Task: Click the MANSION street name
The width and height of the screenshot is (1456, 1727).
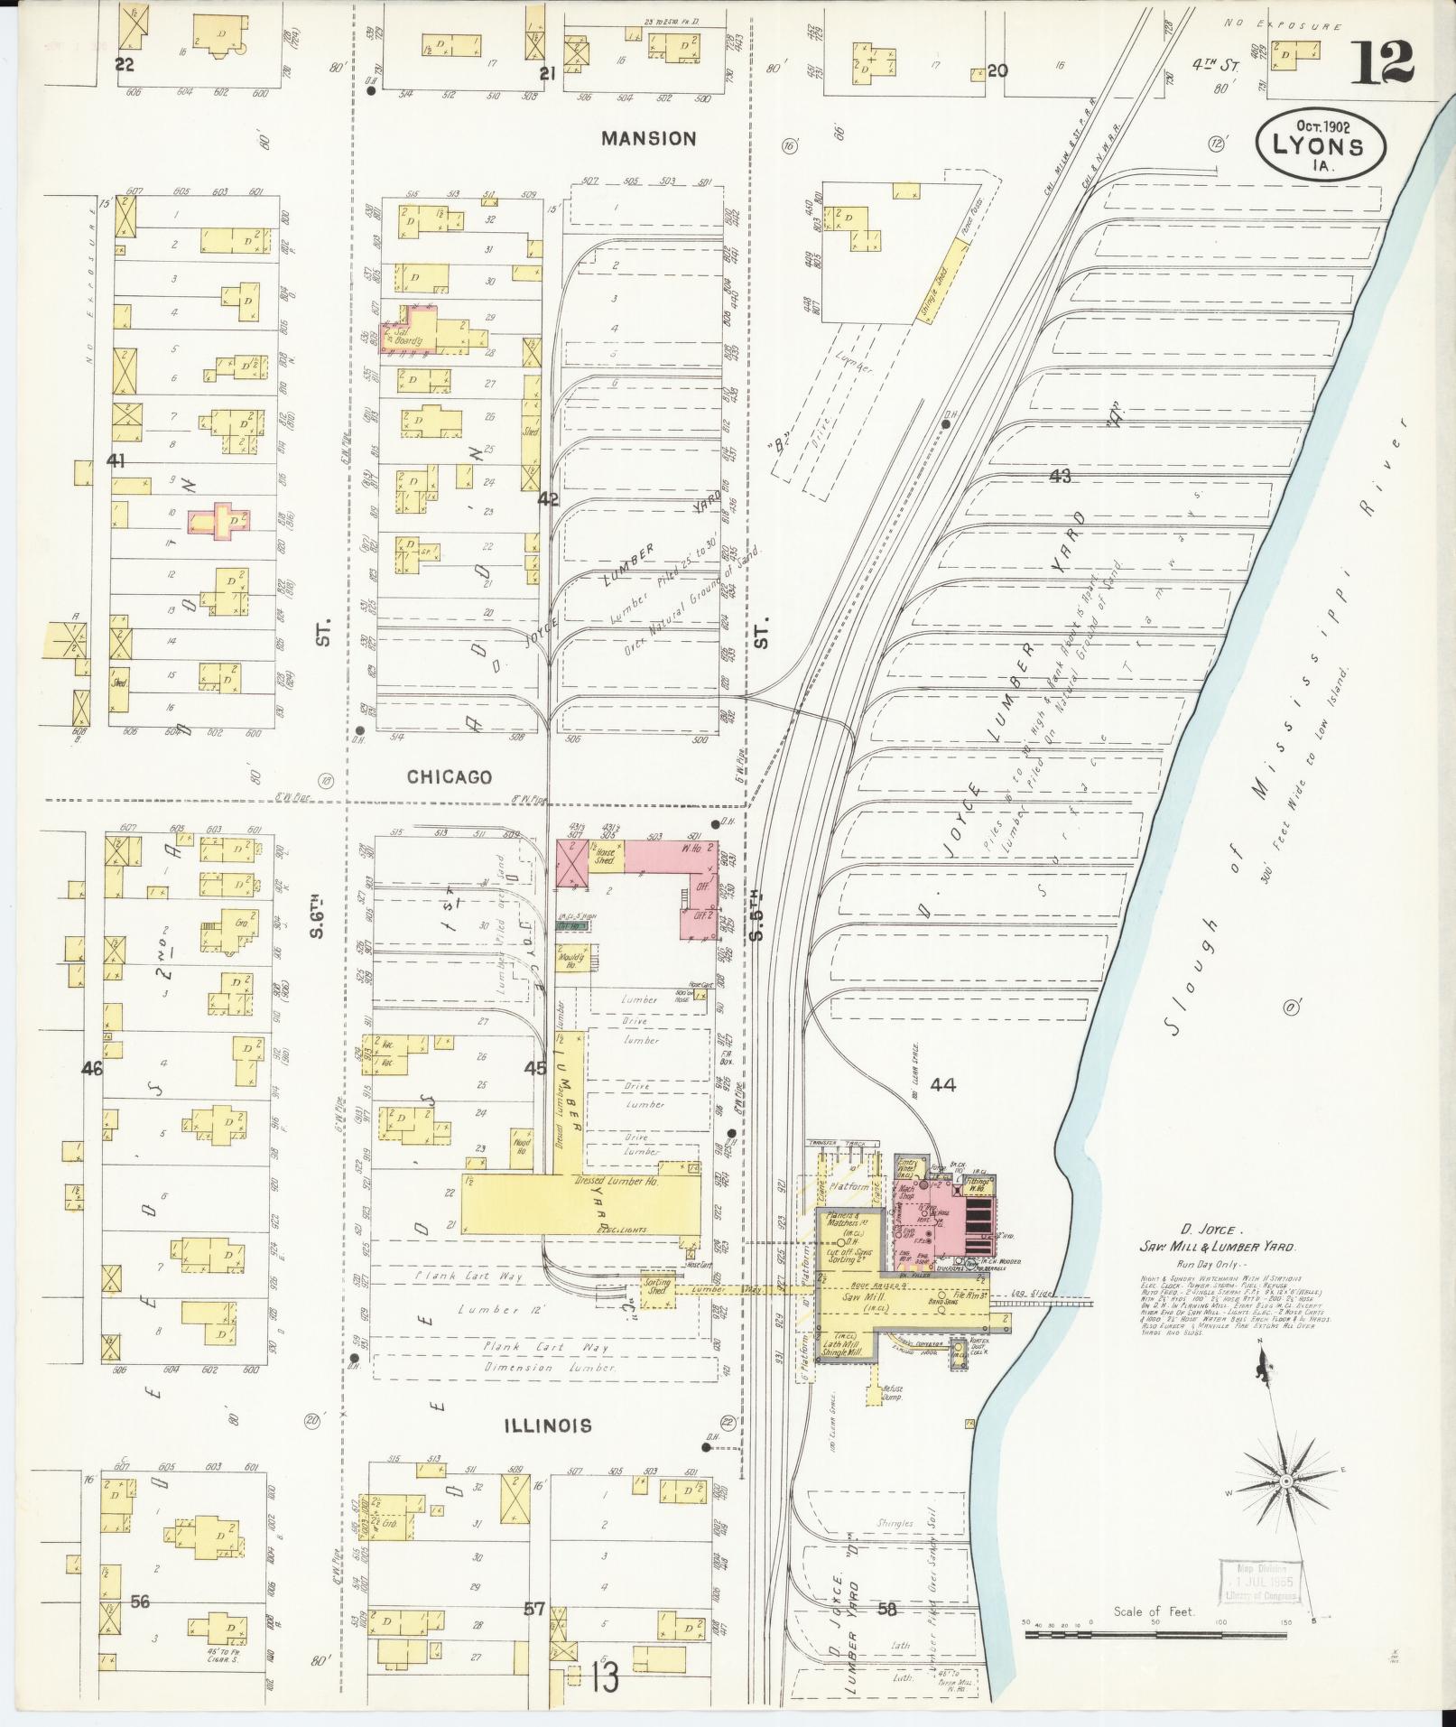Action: (649, 138)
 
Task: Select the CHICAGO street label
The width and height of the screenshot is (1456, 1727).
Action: (449, 776)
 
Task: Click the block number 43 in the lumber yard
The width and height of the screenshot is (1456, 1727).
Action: (1060, 476)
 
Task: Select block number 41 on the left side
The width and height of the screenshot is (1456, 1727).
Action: (116, 460)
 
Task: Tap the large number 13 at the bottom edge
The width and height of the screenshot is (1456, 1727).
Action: (606, 1679)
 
